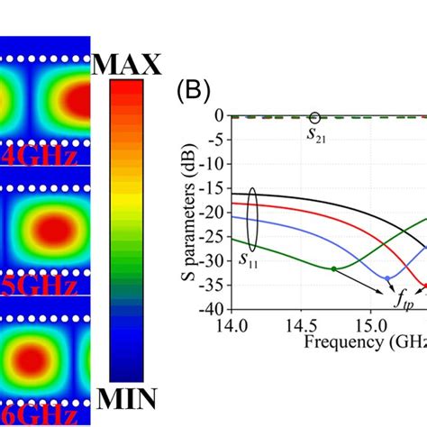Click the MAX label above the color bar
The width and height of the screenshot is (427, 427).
pos(126,64)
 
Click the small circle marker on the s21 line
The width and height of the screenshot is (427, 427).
pos(314,117)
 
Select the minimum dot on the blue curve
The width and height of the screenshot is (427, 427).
pos(388,277)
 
